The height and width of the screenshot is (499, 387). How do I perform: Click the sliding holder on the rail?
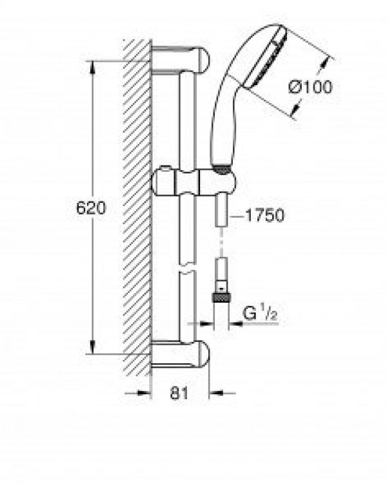pos(187,182)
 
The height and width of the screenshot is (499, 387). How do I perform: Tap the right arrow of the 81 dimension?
pos(217,392)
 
